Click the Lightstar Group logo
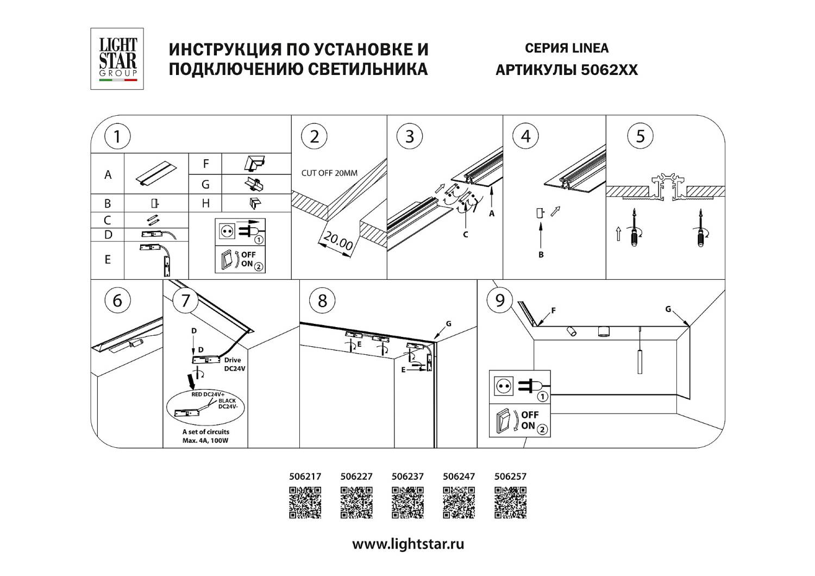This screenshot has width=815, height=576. point(117,59)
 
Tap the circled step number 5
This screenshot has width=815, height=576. point(640,136)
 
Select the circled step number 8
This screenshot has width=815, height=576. point(322,300)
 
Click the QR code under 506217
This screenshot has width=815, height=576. point(305,503)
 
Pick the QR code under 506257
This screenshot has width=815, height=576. point(510,503)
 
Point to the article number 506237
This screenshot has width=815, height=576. point(407,477)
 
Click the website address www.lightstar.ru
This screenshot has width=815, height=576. point(408,544)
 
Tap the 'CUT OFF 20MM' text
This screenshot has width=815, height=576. point(329,173)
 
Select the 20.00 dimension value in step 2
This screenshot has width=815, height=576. point(338,241)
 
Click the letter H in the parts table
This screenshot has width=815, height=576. point(205,203)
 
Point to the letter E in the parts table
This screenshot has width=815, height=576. point(108,260)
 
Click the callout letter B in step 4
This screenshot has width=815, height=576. point(541,254)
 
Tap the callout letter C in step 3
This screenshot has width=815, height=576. point(465,235)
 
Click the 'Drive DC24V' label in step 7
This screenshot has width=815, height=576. point(235,364)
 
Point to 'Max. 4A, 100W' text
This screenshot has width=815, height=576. point(205,441)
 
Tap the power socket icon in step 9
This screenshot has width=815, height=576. point(504,386)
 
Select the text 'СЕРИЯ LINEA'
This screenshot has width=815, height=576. point(566,48)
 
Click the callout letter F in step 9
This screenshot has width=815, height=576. point(553,311)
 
